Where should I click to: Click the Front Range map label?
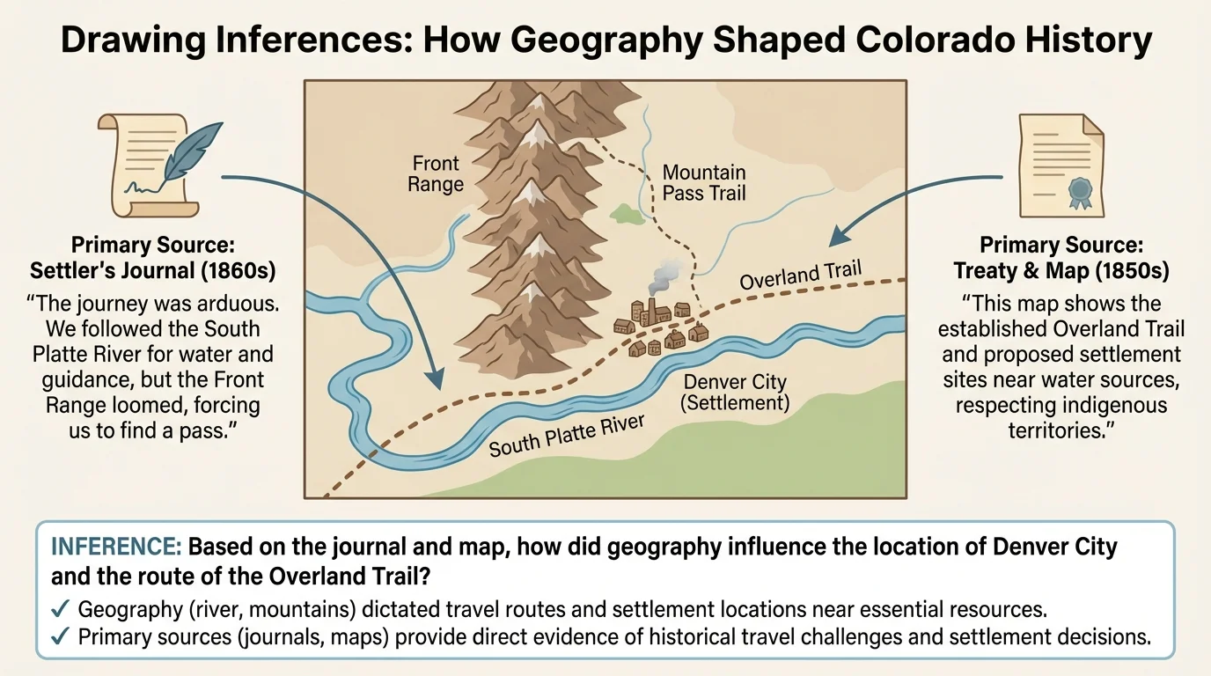(436, 174)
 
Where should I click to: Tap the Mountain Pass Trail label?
(703, 182)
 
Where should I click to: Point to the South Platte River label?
(567, 435)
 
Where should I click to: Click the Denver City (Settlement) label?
(736, 393)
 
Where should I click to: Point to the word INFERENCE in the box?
(115, 547)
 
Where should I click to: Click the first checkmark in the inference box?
(61, 610)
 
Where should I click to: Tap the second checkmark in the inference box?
(61, 638)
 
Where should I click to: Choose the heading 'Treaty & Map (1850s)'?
(1061, 270)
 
